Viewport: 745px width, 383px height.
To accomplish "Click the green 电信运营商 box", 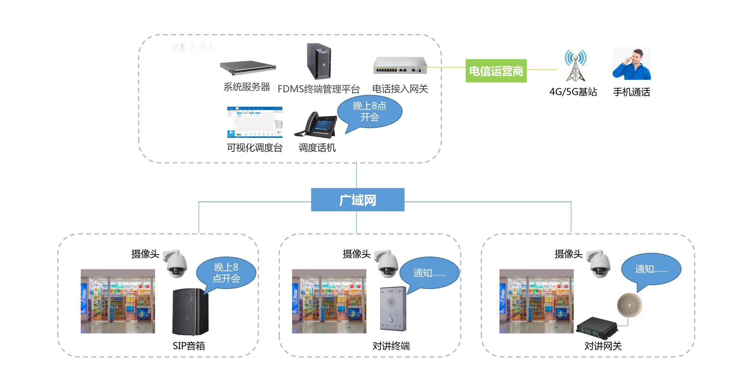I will (496, 71).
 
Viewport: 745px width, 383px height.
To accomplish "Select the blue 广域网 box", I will (358, 200).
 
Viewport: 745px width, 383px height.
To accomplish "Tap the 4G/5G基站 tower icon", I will (575, 66).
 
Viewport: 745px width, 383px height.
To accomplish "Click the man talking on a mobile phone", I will (632, 64).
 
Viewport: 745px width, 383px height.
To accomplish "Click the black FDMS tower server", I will (319, 61).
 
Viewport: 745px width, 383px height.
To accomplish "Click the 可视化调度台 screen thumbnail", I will (255, 122).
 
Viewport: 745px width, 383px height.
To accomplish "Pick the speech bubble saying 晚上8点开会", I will (370, 112).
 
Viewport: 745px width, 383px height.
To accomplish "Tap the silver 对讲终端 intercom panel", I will (393, 309).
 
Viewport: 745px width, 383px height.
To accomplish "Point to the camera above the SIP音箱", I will (176, 264).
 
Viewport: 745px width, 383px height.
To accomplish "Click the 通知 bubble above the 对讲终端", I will (429, 273).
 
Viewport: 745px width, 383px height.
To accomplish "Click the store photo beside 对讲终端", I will (329, 301).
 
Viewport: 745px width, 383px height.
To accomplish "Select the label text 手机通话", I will (631, 92).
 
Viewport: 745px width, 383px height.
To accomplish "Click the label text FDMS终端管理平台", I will (318, 89).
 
